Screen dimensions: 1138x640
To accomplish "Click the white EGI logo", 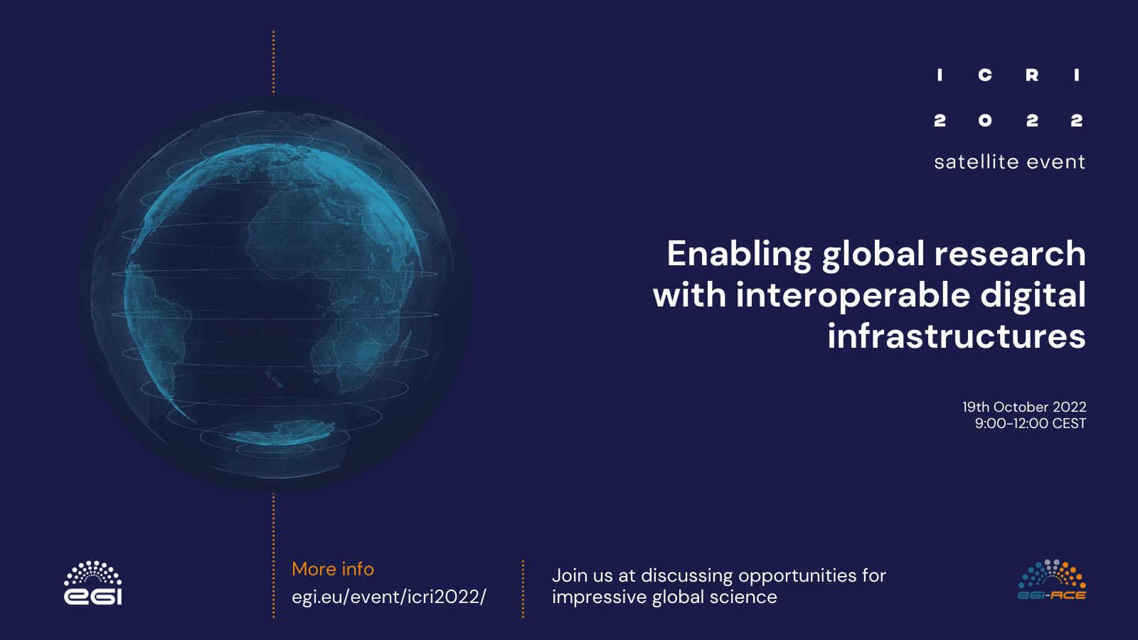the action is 93,582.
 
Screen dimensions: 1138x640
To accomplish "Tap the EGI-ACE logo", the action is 1052,580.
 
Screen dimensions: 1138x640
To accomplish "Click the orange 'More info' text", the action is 333,569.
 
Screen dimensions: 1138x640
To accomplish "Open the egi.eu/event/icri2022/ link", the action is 388,597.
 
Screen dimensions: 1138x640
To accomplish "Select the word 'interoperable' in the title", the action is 854,296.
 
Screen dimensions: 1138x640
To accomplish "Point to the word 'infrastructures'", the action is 957,336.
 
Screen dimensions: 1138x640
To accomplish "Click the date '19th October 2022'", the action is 1024,407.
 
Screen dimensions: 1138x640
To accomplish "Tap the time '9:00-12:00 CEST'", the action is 1031,423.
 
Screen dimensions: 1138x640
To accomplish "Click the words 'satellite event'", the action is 1010,162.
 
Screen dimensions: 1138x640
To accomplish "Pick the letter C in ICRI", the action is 985,75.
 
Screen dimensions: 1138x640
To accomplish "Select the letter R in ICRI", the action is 1032,75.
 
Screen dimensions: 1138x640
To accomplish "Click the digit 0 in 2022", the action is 985,120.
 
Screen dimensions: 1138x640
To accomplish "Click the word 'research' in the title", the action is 1010,253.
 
